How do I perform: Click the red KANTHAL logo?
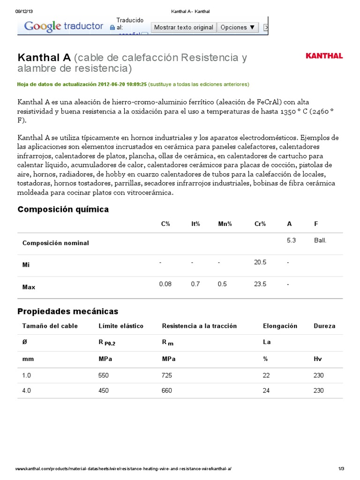[324, 56]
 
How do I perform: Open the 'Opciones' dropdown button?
[238, 28]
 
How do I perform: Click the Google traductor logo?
[63, 26]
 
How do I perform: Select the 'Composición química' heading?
[63, 210]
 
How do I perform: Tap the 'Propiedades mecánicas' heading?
[67, 312]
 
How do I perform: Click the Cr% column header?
[260, 224]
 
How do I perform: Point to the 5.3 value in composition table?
[291, 240]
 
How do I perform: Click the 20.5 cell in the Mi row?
[260, 262]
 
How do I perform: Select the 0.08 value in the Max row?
[165, 284]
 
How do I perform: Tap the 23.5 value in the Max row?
[260, 284]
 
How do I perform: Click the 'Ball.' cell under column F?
[320, 240]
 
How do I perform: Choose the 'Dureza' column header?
[324, 326]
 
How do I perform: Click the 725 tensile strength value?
[167, 375]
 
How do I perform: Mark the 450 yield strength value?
[104, 390]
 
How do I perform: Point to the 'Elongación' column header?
[280, 326]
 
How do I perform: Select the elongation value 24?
[267, 390]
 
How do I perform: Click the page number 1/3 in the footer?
[341, 469]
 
